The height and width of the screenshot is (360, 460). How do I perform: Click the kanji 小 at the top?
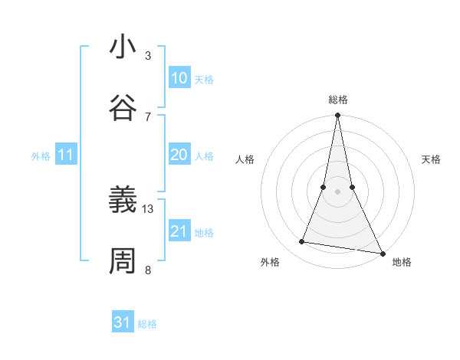[x=123, y=47]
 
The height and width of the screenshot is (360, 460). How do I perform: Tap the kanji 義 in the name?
[x=123, y=201]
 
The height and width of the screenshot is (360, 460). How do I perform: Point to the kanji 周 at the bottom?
[x=123, y=260]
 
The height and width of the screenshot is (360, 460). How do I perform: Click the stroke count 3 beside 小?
[x=148, y=56]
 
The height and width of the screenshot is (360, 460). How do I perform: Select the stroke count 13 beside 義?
[x=148, y=208]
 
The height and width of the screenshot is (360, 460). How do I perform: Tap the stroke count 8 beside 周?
[x=148, y=269]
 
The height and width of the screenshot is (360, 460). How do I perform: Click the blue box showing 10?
[x=179, y=78]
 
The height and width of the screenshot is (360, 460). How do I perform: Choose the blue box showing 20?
[x=179, y=155]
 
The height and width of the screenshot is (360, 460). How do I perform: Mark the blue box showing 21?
[x=179, y=231]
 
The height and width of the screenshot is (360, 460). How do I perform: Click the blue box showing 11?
[x=66, y=155]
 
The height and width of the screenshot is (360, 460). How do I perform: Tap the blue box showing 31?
[x=123, y=322]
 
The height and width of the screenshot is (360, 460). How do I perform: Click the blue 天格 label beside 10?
[x=204, y=80]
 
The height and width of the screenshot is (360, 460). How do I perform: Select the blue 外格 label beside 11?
[x=41, y=156]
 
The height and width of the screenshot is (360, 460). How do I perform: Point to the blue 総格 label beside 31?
[x=147, y=324]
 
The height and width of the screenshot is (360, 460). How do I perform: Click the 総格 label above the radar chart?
[x=337, y=100]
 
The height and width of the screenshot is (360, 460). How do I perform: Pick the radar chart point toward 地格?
[x=382, y=253]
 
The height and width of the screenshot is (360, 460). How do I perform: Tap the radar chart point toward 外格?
[x=302, y=242]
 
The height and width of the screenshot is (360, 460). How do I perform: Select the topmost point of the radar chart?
[x=337, y=116]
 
